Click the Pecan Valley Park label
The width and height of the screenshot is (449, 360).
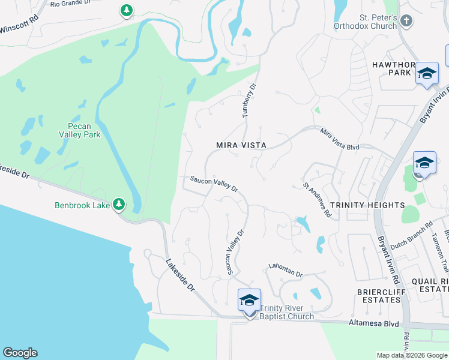(x=83, y=130)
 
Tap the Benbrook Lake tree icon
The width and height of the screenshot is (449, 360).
(x=119, y=205)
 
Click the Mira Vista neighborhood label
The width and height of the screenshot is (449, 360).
(x=241, y=146)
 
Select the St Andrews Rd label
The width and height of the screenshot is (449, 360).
(x=317, y=200)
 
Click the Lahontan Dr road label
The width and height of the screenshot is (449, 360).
(x=285, y=271)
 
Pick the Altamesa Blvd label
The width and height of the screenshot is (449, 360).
(x=374, y=323)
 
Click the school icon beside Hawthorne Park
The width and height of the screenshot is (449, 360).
(x=427, y=73)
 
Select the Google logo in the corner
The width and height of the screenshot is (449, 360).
(x=20, y=353)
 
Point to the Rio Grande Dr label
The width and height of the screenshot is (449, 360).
(x=70, y=4)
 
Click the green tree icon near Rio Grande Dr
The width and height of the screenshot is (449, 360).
(x=126, y=10)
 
